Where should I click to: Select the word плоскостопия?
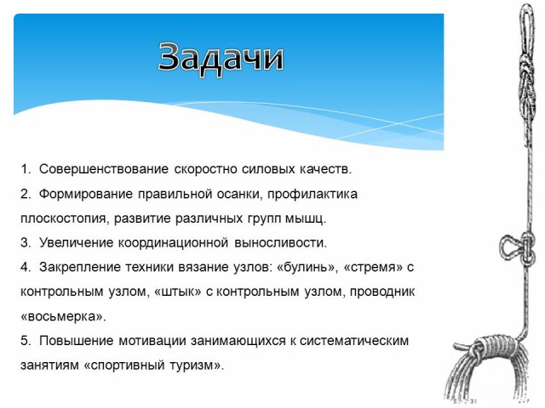(x=65, y=218)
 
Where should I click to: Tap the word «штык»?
(x=177, y=292)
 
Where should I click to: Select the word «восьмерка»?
(x=63, y=317)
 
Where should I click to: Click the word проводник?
(x=382, y=292)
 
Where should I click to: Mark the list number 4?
(x=26, y=268)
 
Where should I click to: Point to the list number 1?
(x=26, y=169)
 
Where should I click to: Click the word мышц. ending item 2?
(x=306, y=218)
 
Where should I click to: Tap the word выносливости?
(x=280, y=243)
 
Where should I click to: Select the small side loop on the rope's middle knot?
(x=503, y=248)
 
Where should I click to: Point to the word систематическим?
(x=354, y=341)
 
